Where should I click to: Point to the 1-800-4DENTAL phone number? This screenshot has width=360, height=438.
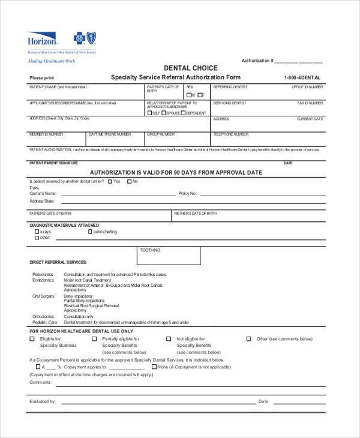pos(302,78)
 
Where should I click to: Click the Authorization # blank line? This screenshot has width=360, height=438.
pos(299,62)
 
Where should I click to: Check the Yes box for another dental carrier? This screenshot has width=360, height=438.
pos(109,181)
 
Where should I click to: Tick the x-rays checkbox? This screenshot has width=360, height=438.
pos(37,231)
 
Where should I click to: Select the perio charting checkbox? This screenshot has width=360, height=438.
pos(91,231)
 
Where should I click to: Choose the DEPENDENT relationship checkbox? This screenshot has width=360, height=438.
pos(184,113)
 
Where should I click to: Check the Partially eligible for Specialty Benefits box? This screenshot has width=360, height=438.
pos(94,339)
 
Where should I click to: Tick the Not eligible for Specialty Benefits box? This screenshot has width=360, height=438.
pos(169,339)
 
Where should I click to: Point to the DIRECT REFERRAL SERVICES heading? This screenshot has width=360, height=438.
pos(58,262)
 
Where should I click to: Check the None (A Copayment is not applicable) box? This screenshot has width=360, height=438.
pos(154,366)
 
